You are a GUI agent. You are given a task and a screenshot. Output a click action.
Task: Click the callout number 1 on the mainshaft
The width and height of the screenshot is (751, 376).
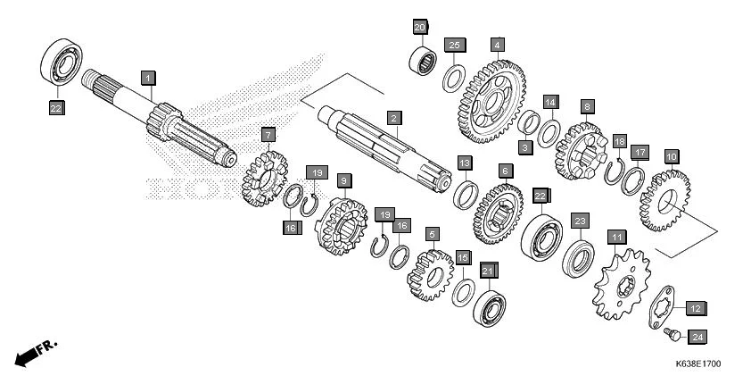click(149, 78)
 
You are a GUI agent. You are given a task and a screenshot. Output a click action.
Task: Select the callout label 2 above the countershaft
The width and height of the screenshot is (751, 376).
click(392, 118)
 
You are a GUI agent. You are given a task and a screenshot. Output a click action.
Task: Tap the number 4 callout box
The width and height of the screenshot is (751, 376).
click(497, 44)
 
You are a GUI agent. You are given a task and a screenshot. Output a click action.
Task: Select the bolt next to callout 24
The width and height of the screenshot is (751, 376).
click(672, 334)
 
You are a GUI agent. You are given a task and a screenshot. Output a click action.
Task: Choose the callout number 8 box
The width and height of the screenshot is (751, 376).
click(586, 105)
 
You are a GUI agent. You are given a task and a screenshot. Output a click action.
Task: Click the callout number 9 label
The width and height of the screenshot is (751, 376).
click(343, 180)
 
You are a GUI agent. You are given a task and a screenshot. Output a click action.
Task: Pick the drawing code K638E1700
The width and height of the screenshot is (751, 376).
click(697, 364)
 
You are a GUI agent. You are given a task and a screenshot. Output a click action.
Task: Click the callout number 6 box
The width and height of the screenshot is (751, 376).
click(505, 170)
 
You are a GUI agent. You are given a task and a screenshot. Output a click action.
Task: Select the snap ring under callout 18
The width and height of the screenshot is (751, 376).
click(615, 169)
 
